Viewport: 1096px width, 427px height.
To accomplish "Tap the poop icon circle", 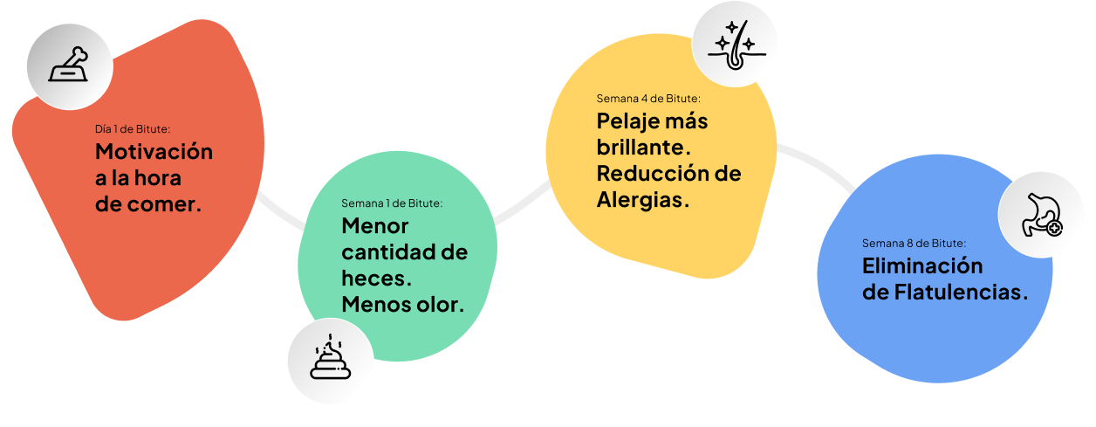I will [x=331, y=361].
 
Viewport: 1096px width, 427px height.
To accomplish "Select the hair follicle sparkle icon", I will [x=735, y=44].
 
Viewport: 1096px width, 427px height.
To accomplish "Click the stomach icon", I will [x=1042, y=215].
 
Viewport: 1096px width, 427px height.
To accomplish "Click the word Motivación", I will [x=154, y=151].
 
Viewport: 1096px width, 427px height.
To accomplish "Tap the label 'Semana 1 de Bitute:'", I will [x=392, y=203].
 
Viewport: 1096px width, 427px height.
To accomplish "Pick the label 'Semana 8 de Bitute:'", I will [x=914, y=243].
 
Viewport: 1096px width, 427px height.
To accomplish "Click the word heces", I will [x=373, y=279].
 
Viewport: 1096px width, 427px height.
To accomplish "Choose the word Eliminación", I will [x=921, y=266].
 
